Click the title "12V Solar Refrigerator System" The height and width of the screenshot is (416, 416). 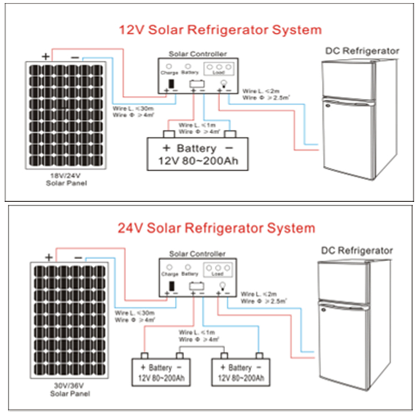220,29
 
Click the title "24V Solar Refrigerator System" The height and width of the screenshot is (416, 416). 216,228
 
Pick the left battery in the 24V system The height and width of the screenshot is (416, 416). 161,372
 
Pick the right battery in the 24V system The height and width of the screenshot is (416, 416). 241,372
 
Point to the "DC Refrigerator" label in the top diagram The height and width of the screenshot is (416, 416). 362,51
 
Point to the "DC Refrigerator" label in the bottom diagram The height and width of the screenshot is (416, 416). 357,251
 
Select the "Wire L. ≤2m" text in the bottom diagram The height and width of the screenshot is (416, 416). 262,293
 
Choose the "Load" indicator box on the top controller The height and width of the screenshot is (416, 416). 221,69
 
